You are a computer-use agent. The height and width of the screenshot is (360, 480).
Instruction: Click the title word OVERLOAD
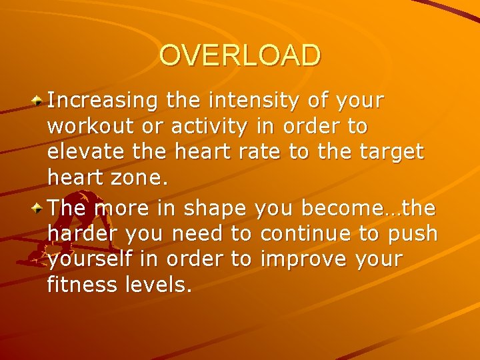point(240,56)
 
